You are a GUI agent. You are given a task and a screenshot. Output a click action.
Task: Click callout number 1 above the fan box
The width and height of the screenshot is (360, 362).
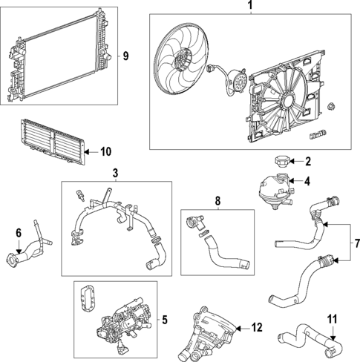point(249,7)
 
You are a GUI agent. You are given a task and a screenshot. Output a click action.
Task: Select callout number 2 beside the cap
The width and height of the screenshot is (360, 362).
point(308,160)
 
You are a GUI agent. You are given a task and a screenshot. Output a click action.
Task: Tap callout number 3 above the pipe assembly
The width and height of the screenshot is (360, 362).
point(115,173)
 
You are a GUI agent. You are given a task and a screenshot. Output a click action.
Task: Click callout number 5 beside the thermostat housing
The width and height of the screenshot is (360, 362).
point(164,320)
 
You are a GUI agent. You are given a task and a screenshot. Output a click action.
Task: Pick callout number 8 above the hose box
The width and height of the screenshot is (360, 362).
point(217,200)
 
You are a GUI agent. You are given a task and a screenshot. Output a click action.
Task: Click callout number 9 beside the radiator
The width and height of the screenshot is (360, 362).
point(125,56)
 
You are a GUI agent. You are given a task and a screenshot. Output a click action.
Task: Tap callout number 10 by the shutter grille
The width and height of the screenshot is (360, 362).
point(105,152)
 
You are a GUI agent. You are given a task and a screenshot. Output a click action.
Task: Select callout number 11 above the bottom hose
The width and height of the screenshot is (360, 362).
point(333,320)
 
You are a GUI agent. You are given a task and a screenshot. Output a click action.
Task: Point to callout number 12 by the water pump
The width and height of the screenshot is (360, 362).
point(257,326)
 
